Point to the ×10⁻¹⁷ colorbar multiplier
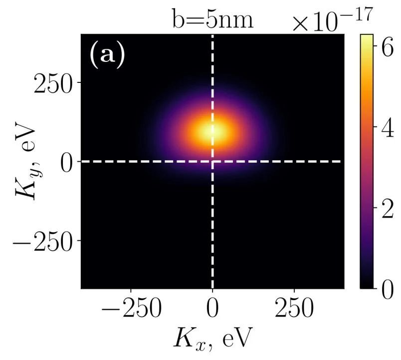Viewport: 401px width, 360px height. [332, 21]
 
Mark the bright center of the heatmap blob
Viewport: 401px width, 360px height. [213, 132]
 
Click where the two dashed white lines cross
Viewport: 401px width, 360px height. [213, 161]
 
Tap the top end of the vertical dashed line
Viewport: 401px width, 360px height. [213, 36]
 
